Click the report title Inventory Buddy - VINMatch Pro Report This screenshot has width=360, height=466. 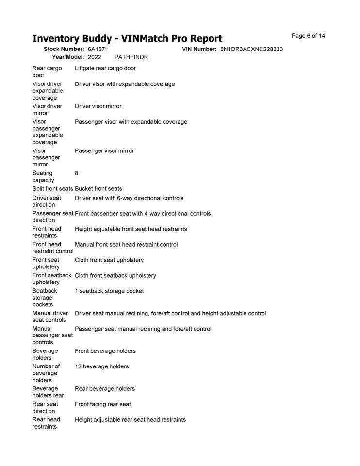tap(127, 39)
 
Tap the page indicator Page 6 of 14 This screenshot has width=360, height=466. tap(308, 36)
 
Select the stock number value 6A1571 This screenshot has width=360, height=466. tap(98, 50)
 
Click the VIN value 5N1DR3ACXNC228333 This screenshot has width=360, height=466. tap(251, 50)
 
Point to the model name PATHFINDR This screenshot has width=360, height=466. tap(131, 57)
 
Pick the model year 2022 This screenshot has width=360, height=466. tap(95, 57)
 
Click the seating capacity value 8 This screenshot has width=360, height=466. tap(77, 173)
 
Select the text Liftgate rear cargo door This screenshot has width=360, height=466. tap(105, 68)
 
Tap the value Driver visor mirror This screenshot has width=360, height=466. tap(98, 106)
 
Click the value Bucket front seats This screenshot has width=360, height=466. tap(98, 189)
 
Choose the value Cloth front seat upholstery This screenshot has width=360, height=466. tap(110, 260)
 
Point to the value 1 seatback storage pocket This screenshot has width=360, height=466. tap(109, 291)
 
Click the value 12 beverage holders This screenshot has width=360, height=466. tap(102, 366)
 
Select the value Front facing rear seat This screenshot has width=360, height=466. tap(103, 404)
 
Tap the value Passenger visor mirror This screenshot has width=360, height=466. tap(104, 151)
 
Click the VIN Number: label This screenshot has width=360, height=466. tap(199, 50)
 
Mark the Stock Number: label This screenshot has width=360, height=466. tap(64, 50)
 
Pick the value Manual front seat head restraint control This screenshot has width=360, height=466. tap(126, 244)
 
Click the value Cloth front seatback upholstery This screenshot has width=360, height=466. tap(115, 276)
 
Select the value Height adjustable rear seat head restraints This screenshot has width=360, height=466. tap(130, 420)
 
